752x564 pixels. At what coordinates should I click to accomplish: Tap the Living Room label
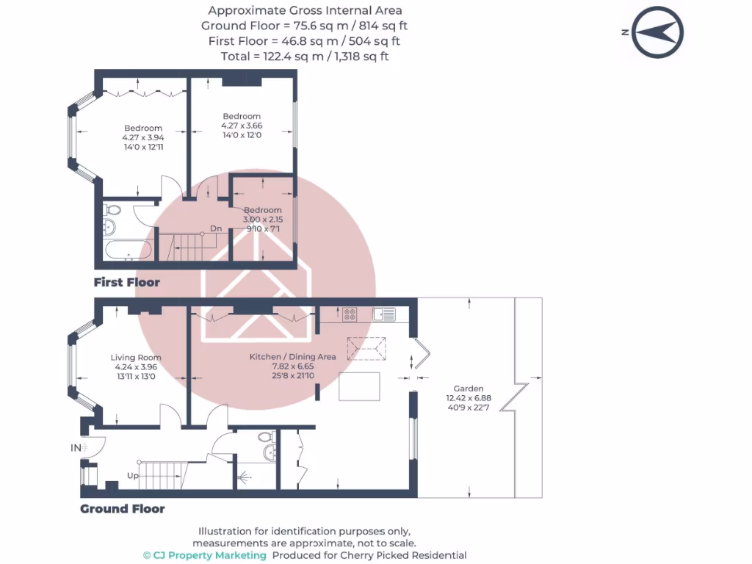click(x=136, y=358)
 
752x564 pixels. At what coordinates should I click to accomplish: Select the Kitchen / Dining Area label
click(x=292, y=357)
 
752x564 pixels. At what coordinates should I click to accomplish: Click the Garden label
click(x=469, y=388)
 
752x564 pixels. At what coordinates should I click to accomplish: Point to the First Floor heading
click(x=126, y=283)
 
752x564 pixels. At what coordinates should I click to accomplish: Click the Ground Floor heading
click(x=123, y=509)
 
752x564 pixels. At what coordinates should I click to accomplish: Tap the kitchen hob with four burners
click(x=350, y=314)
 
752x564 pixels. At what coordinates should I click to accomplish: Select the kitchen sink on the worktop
click(x=384, y=314)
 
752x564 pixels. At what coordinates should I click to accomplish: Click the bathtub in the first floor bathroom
click(x=129, y=250)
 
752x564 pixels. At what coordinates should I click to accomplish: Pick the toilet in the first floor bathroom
click(x=112, y=209)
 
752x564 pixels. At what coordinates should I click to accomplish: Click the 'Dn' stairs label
click(x=216, y=228)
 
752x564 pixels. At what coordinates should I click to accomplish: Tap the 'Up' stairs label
click(x=133, y=476)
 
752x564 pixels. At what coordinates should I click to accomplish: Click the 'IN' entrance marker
click(x=76, y=448)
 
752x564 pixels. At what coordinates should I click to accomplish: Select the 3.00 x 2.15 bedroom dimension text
click(x=263, y=220)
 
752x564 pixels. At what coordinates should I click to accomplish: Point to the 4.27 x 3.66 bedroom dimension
click(x=242, y=126)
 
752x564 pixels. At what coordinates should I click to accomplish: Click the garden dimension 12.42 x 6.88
click(x=469, y=398)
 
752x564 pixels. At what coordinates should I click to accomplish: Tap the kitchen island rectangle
click(x=359, y=386)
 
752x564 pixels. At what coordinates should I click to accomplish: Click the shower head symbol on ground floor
click(x=244, y=477)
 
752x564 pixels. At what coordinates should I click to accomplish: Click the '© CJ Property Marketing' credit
click(x=205, y=555)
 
